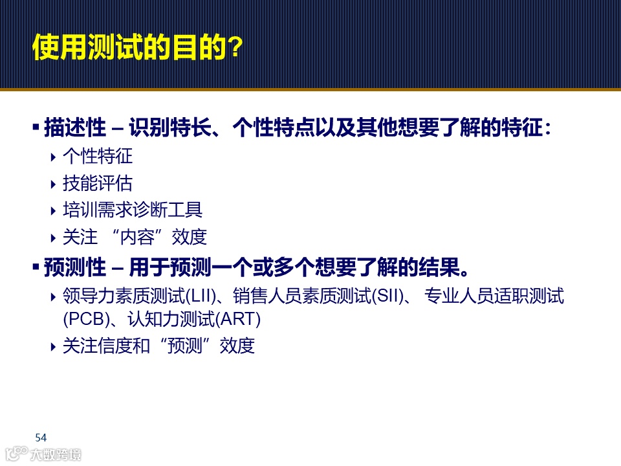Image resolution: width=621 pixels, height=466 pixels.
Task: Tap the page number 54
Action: coord(41,438)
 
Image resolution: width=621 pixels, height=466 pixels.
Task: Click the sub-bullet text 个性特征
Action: coord(97,156)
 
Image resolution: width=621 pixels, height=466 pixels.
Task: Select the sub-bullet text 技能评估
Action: coord(97,183)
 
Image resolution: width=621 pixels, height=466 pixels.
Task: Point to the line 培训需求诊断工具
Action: coord(132,210)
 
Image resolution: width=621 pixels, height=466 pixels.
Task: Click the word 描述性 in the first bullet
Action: coord(74,128)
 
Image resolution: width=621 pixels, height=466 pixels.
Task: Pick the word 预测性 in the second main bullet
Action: coord(74,267)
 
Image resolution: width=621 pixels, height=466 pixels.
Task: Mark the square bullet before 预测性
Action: coord(36,266)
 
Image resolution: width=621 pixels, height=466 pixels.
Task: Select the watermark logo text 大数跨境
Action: coord(56,454)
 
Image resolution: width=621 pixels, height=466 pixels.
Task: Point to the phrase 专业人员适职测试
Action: coord(494,297)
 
